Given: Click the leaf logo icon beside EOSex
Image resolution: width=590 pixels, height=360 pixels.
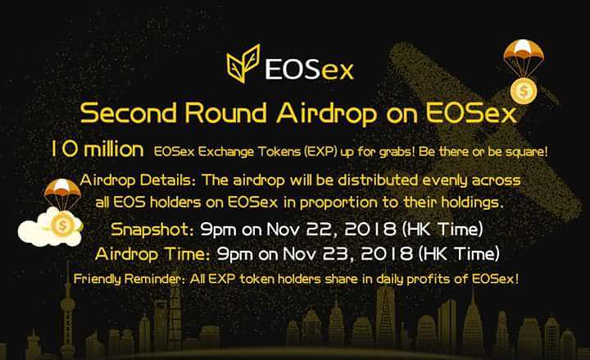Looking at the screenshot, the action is (x=243, y=63).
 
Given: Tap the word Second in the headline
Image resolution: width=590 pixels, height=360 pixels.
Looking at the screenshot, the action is (x=129, y=112).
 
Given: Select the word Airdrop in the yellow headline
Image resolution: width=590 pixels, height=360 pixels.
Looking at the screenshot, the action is (x=327, y=113).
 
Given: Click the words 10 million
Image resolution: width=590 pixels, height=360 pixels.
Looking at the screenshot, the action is (x=97, y=149).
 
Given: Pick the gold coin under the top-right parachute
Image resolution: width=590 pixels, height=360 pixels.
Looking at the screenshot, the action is (x=524, y=91).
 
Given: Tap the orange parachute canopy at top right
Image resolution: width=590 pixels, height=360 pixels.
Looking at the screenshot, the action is (x=524, y=50).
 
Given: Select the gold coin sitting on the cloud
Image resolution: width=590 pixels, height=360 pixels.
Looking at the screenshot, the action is (x=62, y=225).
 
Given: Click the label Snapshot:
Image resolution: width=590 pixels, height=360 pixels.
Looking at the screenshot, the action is (x=152, y=230).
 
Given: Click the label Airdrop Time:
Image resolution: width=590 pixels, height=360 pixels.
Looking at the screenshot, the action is (x=152, y=254).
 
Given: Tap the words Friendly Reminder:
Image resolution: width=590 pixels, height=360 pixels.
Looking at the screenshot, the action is (x=128, y=279).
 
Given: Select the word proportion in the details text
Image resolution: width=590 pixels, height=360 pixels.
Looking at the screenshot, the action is (x=338, y=203).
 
